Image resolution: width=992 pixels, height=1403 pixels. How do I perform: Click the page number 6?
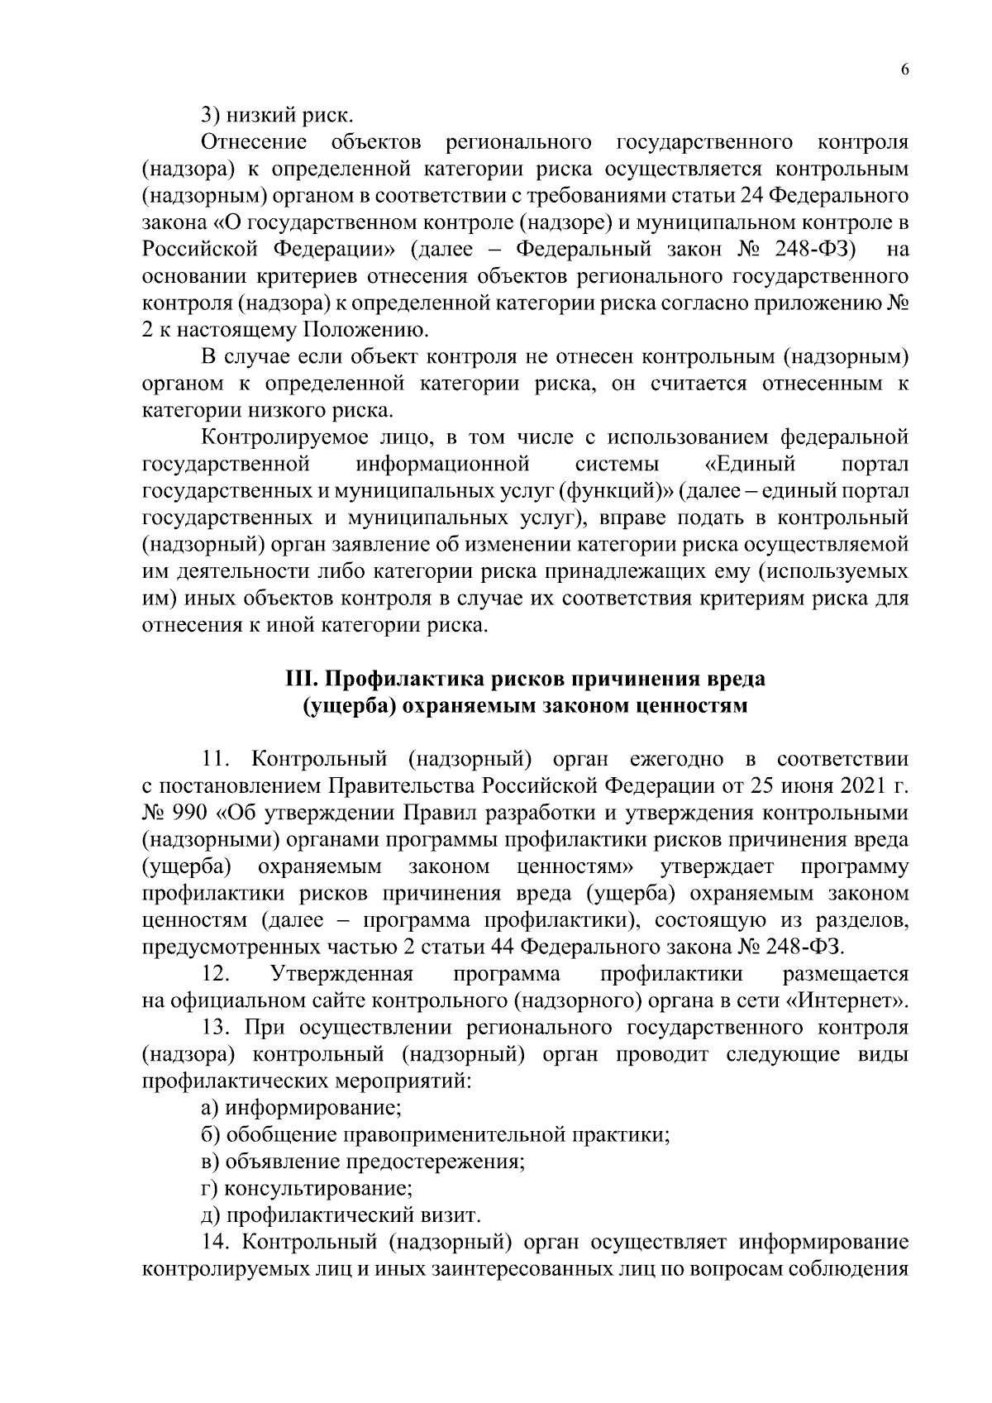coord(904,70)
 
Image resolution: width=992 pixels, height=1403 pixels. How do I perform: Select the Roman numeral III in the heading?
coord(297,679)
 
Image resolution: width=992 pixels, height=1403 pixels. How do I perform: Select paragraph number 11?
coord(217,759)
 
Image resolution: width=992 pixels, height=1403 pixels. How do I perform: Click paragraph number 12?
coord(217,974)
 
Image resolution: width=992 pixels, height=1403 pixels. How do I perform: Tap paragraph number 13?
coord(217,1028)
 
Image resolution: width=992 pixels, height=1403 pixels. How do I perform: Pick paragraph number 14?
coord(217,1243)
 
